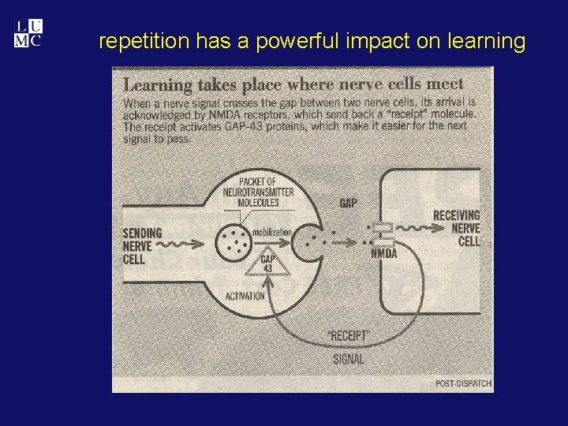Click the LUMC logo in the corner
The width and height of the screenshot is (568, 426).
coord(27,34)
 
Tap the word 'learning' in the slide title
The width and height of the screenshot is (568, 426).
coord(486,42)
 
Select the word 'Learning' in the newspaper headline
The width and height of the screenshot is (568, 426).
coord(159,84)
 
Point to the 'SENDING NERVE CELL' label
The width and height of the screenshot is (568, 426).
coord(142,245)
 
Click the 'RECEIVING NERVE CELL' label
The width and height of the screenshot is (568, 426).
coord(456,228)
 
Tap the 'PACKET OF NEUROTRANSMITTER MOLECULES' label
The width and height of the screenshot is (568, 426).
coord(247,192)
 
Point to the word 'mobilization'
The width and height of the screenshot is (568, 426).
coord(272,232)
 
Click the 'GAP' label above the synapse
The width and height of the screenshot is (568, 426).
coord(348,204)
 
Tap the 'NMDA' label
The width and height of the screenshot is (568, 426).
coord(383,253)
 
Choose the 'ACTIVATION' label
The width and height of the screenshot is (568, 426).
coord(245,297)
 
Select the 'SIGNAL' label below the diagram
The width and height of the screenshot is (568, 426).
coord(347,359)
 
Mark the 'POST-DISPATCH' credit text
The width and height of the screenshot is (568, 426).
coord(463,383)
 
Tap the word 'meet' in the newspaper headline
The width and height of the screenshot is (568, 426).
coord(444,83)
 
